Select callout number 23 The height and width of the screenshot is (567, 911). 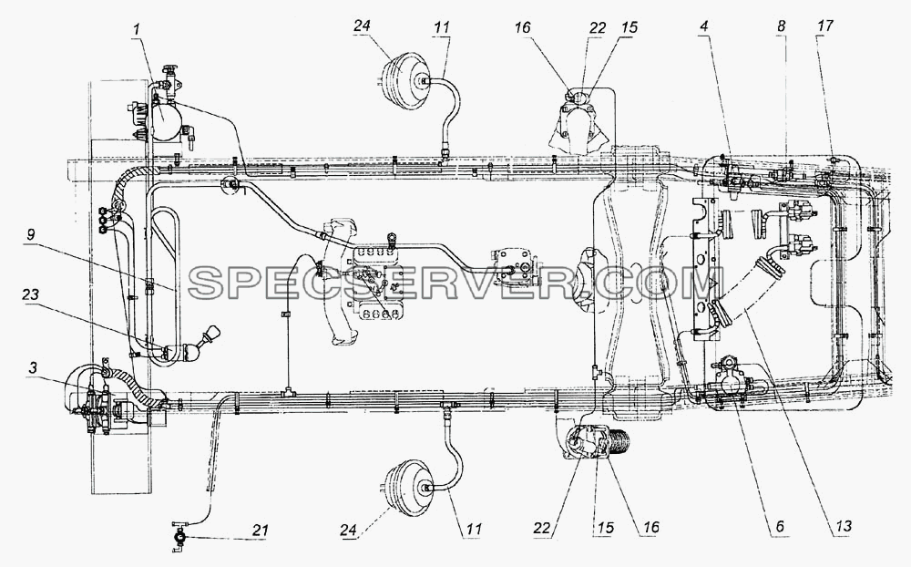pyautogui.click(x=30, y=294)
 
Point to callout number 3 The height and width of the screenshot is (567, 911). pyautogui.click(x=33, y=368)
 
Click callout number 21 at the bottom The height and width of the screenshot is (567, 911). pyautogui.click(x=260, y=530)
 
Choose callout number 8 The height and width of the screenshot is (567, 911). pyautogui.click(x=781, y=26)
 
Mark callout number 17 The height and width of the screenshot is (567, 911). pyautogui.click(x=824, y=26)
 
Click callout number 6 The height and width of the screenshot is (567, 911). pyautogui.click(x=779, y=526)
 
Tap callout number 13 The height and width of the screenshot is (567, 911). pyautogui.click(x=843, y=526)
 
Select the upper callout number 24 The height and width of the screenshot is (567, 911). pyautogui.click(x=362, y=26)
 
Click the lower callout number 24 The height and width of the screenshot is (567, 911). pyautogui.click(x=349, y=530)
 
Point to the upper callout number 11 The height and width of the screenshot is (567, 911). pyautogui.click(x=442, y=26)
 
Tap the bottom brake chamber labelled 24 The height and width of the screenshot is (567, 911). pyautogui.click(x=410, y=486)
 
